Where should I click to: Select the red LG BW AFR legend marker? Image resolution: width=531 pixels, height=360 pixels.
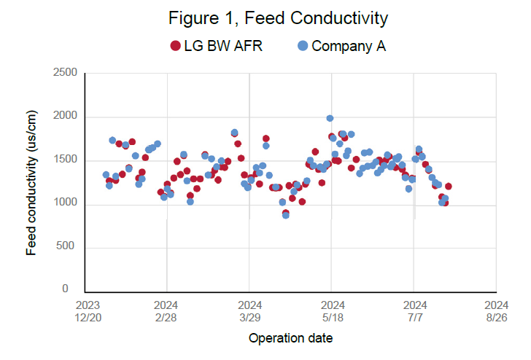(x=175, y=46)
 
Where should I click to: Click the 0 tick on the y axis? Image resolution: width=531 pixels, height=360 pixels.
(x=74, y=289)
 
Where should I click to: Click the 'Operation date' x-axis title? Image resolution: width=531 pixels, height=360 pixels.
(x=291, y=338)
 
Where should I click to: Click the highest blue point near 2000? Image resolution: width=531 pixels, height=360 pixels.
(x=330, y=118)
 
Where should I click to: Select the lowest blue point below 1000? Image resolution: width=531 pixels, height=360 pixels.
(x=286, y=215)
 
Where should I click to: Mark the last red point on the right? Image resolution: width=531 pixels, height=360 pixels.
(x=448, y=187)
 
